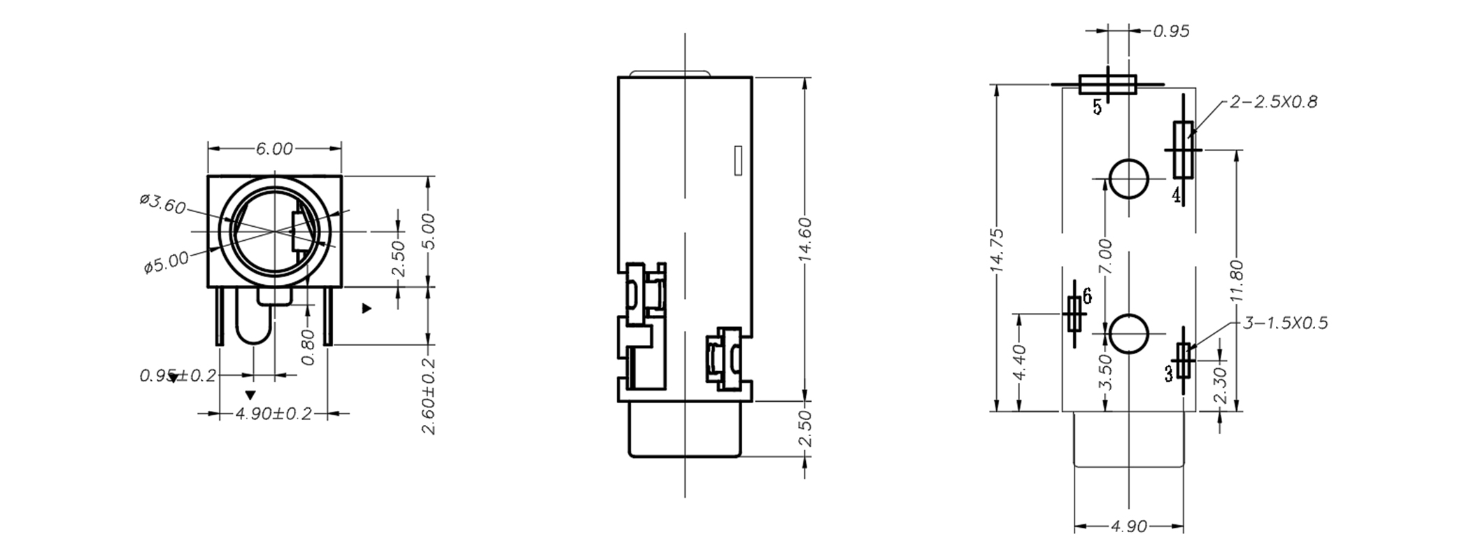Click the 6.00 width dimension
tap(274, 149)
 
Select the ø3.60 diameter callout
tap(162, 204)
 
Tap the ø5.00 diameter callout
tap(166, 262)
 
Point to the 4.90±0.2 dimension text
tap(274, 414)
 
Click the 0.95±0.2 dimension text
tap(178, 376)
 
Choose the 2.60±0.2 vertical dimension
tap(429, 396)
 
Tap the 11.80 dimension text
tap(1236, 281)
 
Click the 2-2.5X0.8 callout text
tap(1273, 102)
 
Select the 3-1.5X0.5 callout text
tap(1285, 323)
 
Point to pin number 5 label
tap(1097, 107)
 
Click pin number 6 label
tap(1086, 296)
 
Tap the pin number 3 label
tap(1168, 374)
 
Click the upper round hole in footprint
tap(1128, 178)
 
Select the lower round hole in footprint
tap(1128, 334)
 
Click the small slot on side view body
tap(737, 160)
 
